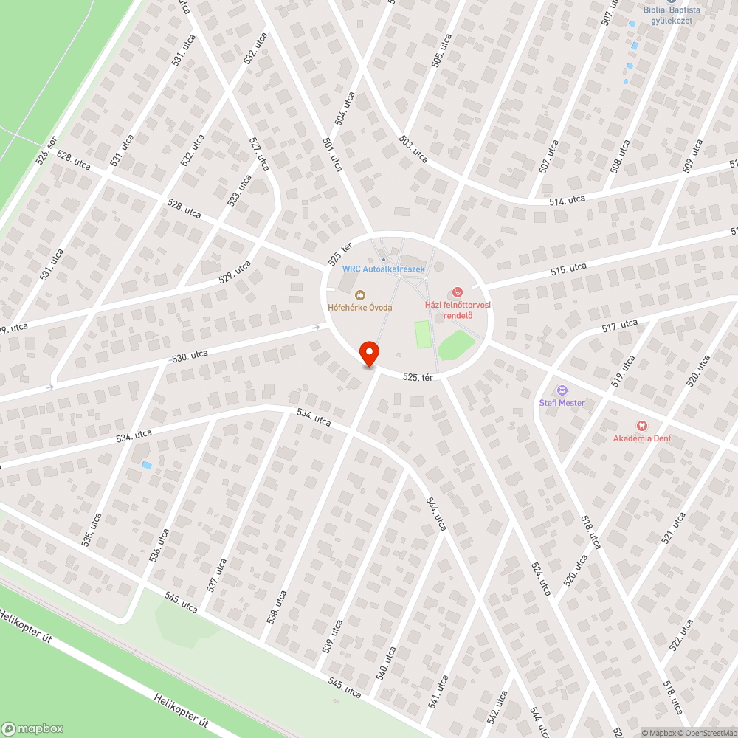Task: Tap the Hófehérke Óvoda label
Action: tap(360, 307)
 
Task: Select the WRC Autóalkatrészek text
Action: tap(384, 269)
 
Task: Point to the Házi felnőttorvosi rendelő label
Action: tap(458, 309)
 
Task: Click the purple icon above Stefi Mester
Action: tap(562, 390)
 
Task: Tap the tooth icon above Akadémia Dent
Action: tap(641, 425)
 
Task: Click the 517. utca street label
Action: tap(619, 325)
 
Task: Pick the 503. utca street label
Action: tap(413, 148)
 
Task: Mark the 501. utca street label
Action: tap(332, 153)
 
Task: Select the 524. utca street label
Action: tap(540, 579)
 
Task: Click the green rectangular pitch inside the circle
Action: tap(422, 334)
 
